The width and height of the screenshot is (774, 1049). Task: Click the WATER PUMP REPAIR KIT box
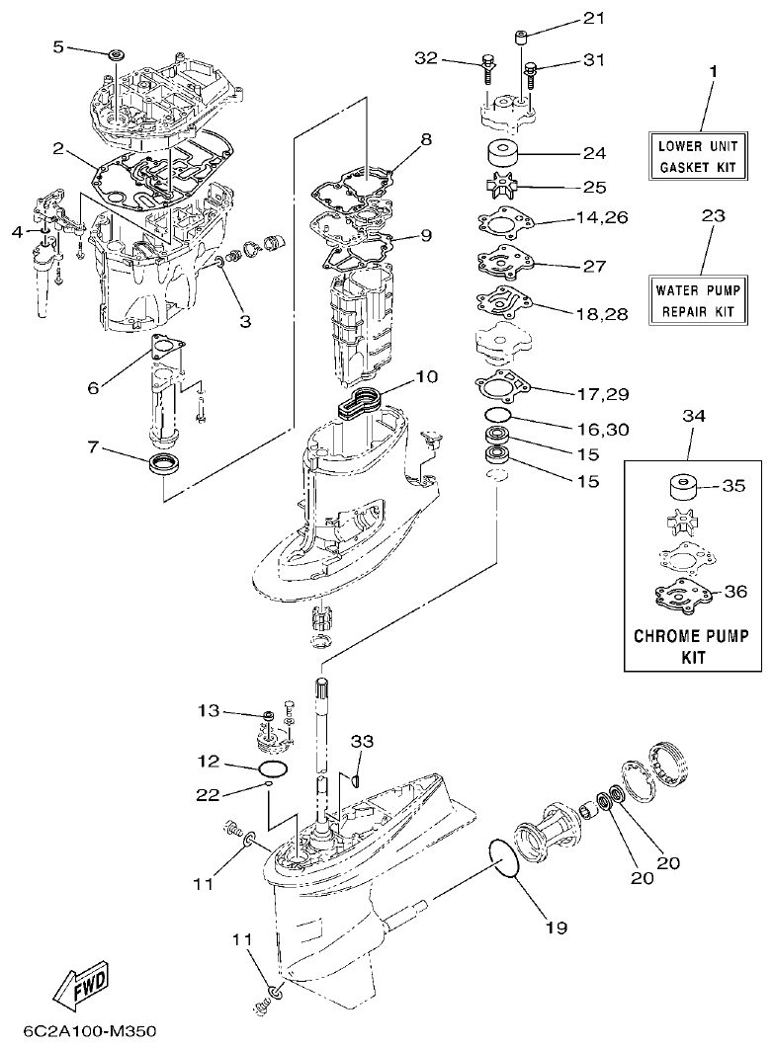pos(698,300)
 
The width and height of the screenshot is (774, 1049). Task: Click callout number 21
pos(592,18)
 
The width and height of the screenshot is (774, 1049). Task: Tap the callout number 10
pos(426,376)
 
